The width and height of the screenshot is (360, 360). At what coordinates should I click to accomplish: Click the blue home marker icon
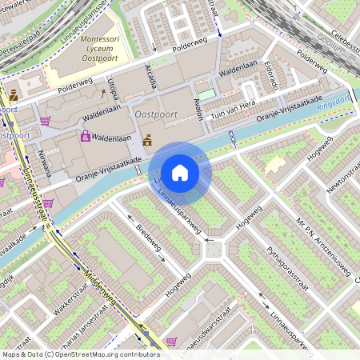point(180,173)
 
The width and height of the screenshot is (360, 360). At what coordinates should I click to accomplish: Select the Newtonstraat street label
point(339,169)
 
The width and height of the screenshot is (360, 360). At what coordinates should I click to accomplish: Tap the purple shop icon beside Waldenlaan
point(85,137)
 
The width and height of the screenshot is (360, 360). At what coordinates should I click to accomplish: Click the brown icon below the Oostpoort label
point(146,141)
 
